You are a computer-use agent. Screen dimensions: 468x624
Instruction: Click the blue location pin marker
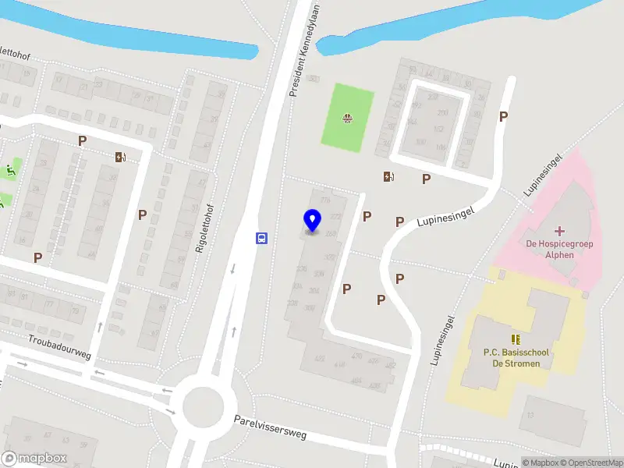point(312,221)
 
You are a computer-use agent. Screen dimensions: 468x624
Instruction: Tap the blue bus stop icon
point(262,239)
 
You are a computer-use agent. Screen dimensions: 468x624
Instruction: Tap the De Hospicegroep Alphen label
point(560,250)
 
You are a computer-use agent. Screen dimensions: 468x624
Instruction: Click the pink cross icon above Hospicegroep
point(559,231)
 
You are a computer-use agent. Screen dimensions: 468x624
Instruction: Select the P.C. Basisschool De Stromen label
point(516,358)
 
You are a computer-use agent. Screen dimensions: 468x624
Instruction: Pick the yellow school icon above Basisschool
point(516,339)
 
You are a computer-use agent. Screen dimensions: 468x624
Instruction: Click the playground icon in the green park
point(347,119)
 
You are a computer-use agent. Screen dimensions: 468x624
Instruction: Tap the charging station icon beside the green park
point(388,176)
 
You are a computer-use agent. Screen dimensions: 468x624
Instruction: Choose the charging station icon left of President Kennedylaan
point(120,157)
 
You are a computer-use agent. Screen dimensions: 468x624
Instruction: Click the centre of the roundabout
point(203,405)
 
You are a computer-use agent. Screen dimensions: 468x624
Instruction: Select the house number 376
point(325,200)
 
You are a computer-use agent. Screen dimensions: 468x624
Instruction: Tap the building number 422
point(319,358)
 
